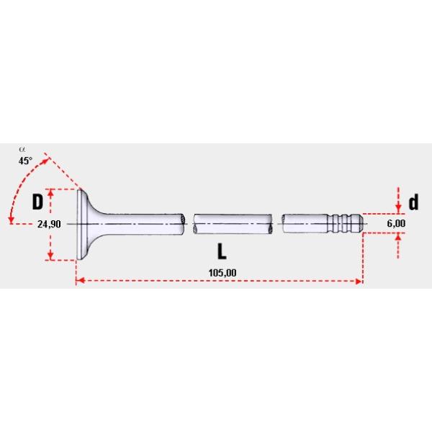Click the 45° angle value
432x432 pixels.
click(25, 161)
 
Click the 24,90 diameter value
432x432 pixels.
click(48, 224)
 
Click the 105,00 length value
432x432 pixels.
click(222, 271)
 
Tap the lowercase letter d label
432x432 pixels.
click(413, 202)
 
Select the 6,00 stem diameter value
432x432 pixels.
click(397, 224)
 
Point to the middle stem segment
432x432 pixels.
click(232, 225)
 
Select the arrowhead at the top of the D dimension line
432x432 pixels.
click(51, 193)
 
